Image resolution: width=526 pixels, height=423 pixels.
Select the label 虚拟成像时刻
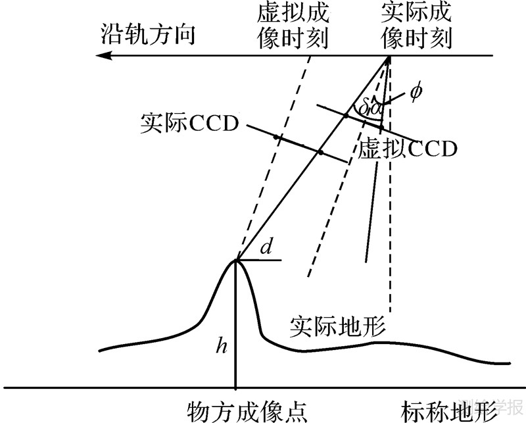[293, 26]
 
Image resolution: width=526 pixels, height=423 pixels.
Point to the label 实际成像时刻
[416, 26]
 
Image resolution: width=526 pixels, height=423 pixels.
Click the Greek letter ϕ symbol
[414, 91]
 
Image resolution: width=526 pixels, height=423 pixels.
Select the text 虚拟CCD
[407, 149]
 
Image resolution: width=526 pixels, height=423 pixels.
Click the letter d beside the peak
[266, 248]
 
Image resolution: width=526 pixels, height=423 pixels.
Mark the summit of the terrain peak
[236, 260]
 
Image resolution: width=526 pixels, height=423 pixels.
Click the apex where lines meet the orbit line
[389, 58]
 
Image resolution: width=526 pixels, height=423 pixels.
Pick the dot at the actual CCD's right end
[320, 153]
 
